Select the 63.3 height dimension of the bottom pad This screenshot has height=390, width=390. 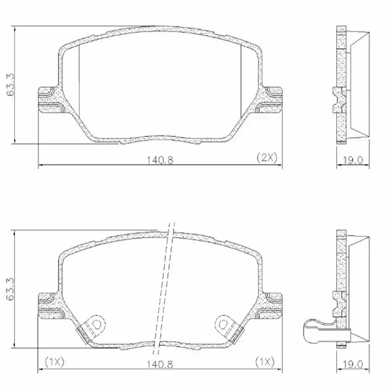coord(11,289)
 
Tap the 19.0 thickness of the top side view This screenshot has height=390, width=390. coord(353,159)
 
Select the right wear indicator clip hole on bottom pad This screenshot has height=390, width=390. coord(223,323)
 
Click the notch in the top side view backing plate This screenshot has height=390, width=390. coord(339,100)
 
